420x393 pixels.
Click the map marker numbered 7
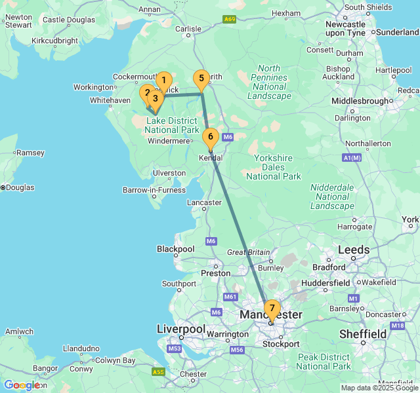click(x=272, y=309)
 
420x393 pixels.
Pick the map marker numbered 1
click(x=163, y=81)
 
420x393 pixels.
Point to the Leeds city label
click(x=354, y=250)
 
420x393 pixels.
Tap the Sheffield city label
click(x=362, y=334)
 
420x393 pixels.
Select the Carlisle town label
click(x=188, y=29)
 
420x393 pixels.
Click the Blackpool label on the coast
click(x=176, y=249)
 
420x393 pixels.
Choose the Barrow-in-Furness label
click(x=155, y=191)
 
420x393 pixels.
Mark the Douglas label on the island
click(x=20, y=187)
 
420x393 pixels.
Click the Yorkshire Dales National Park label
click(x=274, y=167)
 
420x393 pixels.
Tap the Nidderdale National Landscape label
click(x=332, y=196)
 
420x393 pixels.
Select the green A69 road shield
click(x=229, y=19)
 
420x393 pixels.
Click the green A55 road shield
click(x=157, y=372)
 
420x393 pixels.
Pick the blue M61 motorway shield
click(x=230, y=297)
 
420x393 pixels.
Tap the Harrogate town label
click(x=354, y=227)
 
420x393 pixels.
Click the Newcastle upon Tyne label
click(x=346, y=28)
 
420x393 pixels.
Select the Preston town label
click(x=216, y=273)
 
